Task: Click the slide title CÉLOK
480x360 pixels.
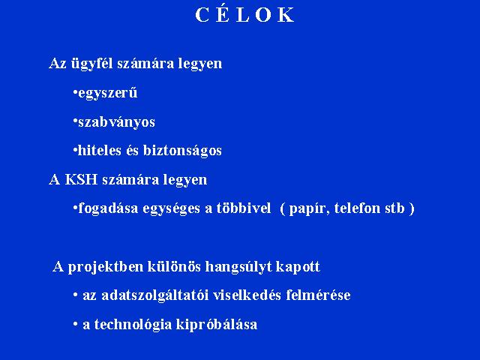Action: point(244,14)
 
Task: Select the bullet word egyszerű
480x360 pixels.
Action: point(108,93)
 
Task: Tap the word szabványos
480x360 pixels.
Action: point(117,122)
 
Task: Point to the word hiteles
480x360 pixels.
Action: point(100,150)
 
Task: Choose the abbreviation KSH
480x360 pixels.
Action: point(81,179)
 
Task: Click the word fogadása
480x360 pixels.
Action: point(108,208)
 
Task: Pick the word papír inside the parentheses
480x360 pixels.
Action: point(310,208)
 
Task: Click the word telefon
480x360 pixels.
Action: point(357,208)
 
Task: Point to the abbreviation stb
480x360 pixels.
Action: point(394,208)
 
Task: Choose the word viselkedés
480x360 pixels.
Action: point(247,295)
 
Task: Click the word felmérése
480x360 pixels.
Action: point(318,295)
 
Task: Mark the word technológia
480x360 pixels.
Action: point(133,325)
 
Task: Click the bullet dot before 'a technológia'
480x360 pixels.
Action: point(75,324)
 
